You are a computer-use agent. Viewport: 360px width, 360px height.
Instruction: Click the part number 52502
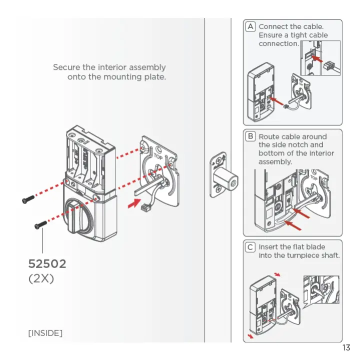[x=47, y=263]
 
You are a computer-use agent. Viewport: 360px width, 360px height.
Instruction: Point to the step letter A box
[x=250, y=26]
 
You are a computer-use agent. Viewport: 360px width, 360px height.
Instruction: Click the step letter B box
[x=250, y=136]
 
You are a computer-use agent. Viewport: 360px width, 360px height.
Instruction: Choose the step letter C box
[x=250, y=247]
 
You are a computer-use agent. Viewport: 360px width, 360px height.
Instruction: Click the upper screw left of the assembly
[x=28, y=199]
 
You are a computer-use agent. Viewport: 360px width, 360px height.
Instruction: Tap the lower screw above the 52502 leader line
[x=40, y=225]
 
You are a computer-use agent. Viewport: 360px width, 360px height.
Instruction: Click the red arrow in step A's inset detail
[x=316, y=59]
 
